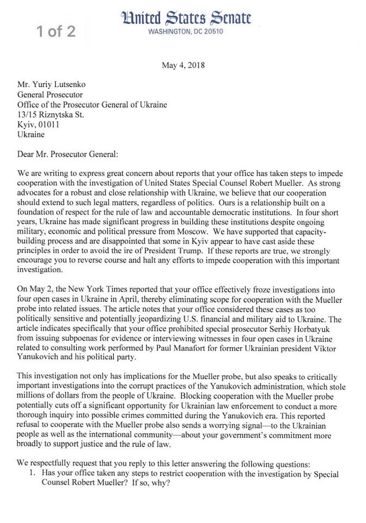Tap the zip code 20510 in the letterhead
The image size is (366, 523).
(x=211, y=32)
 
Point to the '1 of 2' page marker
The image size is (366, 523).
(x=56, y=31)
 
